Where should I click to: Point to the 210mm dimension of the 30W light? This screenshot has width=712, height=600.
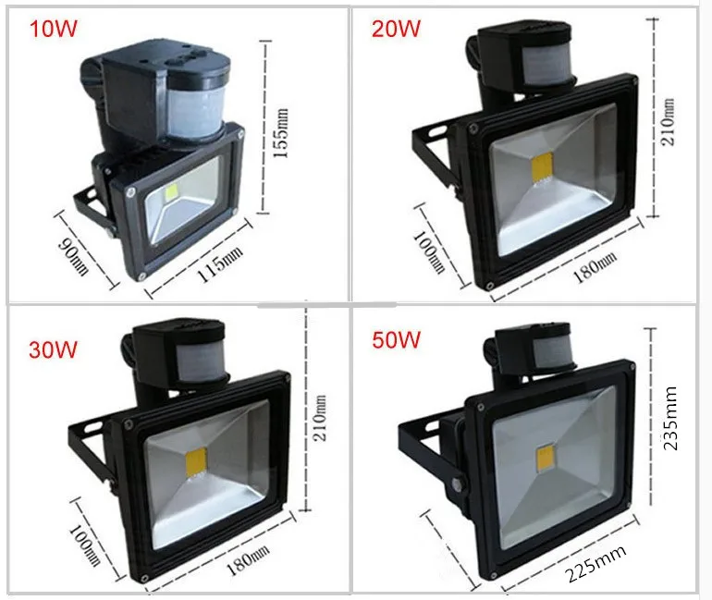click(x=321, y=418)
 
